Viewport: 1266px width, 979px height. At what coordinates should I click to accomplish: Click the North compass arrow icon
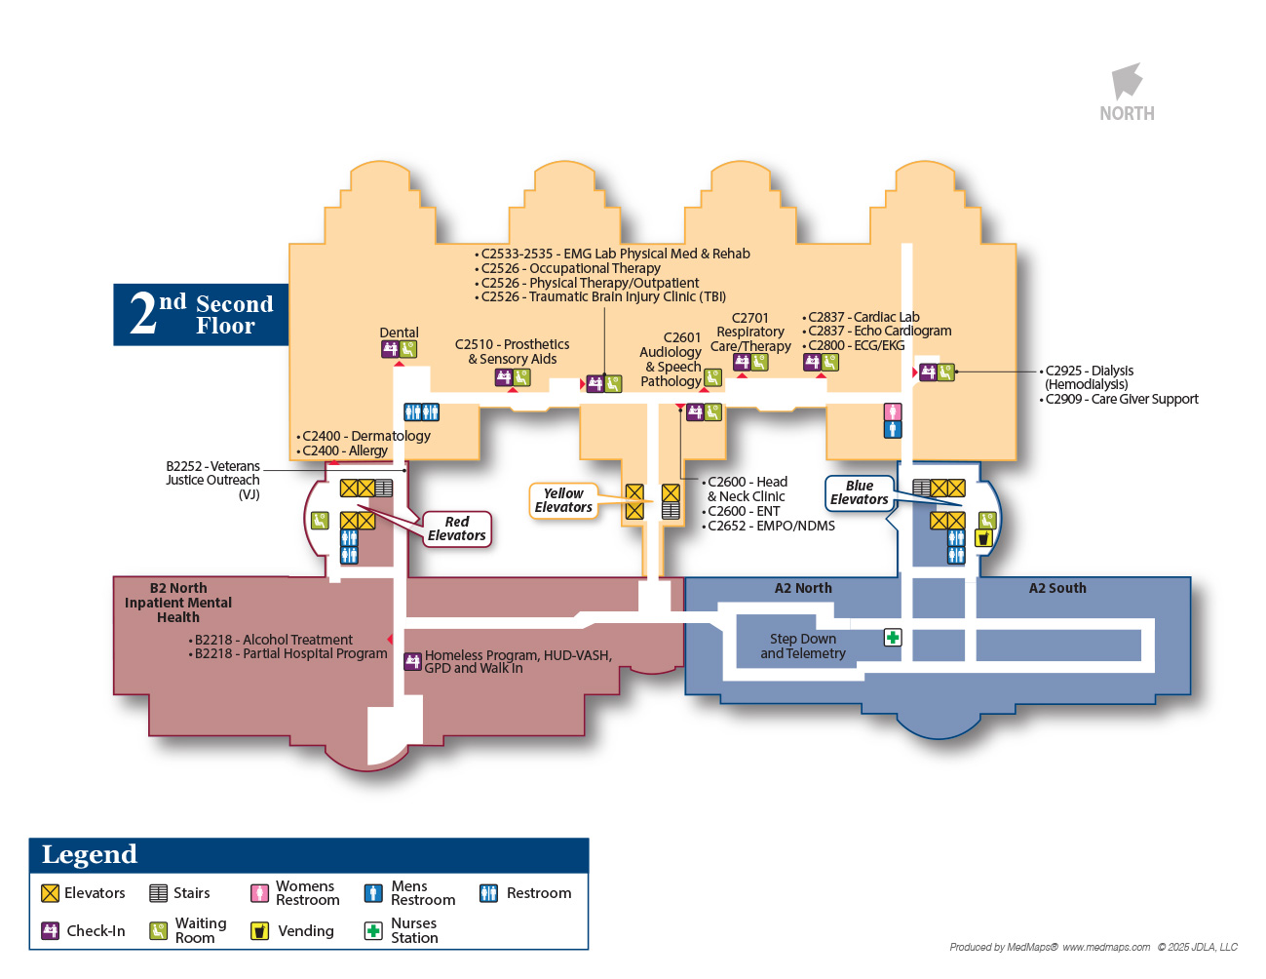click(1127, 81)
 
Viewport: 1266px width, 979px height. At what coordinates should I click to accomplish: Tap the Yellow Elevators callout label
click(563, 500)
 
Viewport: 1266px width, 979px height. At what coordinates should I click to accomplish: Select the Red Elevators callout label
click(456, 529)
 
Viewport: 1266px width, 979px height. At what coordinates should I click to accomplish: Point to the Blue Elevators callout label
click(859, 492)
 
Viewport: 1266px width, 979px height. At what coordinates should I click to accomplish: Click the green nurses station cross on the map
click(893, 638)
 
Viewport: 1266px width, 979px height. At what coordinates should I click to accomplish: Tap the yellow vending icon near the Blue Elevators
click(983, 537)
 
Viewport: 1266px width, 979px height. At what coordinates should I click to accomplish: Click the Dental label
click(399, 333)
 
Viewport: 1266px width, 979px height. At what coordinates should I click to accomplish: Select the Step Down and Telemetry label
click(803, 646)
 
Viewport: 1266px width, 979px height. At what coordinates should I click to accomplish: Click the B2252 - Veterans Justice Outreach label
click(213, 480)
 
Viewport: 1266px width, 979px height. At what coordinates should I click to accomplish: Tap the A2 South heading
click(1057, 588)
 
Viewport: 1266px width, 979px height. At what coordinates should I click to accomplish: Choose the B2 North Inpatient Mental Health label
click(178, 603)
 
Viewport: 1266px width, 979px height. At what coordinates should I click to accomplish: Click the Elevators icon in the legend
click(51, 893)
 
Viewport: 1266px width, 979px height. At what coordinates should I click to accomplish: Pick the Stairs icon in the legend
click(158, 893)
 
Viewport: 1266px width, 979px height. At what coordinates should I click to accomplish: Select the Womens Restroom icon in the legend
click(259, 893)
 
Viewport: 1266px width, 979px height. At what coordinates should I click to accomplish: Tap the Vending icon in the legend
click(259, 930)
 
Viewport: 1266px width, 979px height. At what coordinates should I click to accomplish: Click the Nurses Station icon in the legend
click(372, 930)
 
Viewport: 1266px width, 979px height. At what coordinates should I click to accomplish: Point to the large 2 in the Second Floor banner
click(143, 314)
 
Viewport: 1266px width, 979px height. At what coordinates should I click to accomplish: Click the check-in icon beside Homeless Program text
click(412, 661)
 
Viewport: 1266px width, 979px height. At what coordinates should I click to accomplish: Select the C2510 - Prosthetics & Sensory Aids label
click(512, 351)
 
